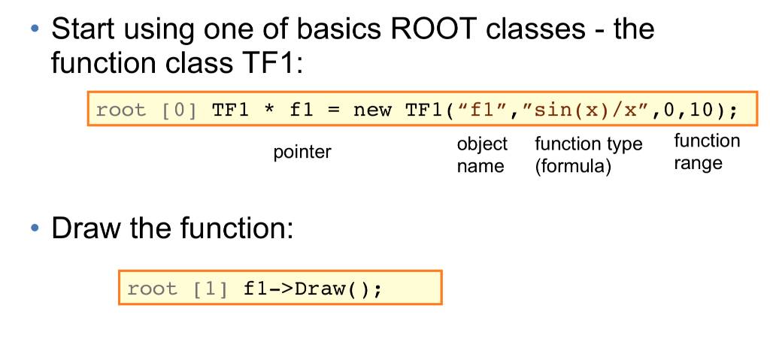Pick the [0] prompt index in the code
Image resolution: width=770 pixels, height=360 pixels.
tap(179, 110)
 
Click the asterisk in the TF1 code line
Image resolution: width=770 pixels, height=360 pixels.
tap(268, 110)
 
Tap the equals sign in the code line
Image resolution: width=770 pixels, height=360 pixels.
tap(333, 110)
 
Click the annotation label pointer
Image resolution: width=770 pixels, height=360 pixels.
tap(302, 153)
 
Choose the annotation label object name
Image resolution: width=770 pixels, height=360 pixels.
tap(482, 155)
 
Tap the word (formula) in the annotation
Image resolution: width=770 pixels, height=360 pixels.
tap(573, 166)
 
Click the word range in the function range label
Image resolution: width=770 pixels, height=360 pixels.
tap(697, 163)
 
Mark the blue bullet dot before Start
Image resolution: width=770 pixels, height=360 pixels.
tap(34, 30)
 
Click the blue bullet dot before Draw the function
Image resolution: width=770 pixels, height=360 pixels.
tap(34, 228)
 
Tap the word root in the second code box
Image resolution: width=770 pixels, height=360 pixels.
tap(153, 289)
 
